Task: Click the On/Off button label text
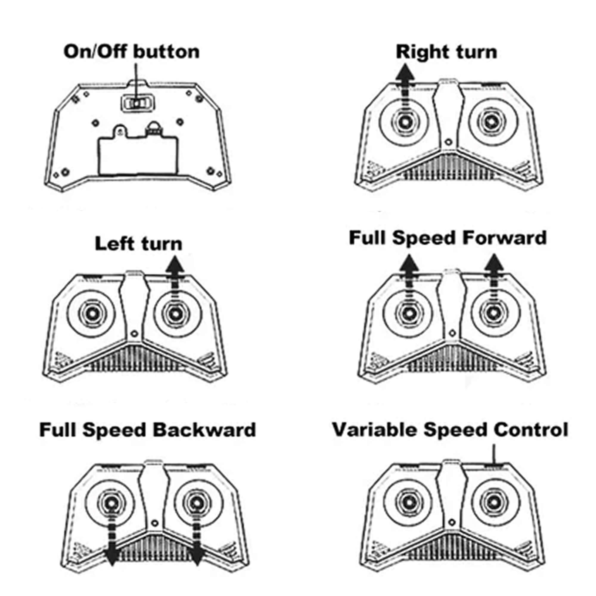[131, 52]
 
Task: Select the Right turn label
[446, 52]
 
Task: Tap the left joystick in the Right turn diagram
[405, 122]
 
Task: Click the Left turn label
[139, 244]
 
